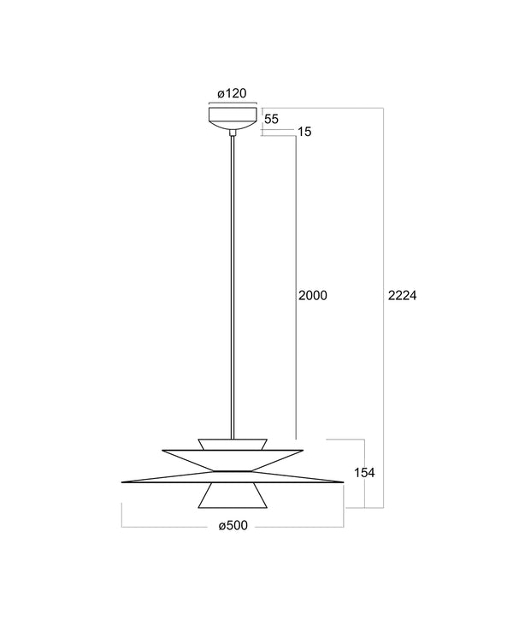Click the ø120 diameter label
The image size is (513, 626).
(232, 93)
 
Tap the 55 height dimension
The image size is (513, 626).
(272, 119)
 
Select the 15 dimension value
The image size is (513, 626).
(304, 132)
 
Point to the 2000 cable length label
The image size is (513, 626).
(313, 295)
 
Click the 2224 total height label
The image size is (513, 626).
(403, 295)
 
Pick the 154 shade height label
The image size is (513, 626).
(364, 473)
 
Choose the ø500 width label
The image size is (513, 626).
(233, 526)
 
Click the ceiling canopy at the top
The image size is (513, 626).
(233, 117)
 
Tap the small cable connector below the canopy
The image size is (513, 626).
(233, 133)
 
